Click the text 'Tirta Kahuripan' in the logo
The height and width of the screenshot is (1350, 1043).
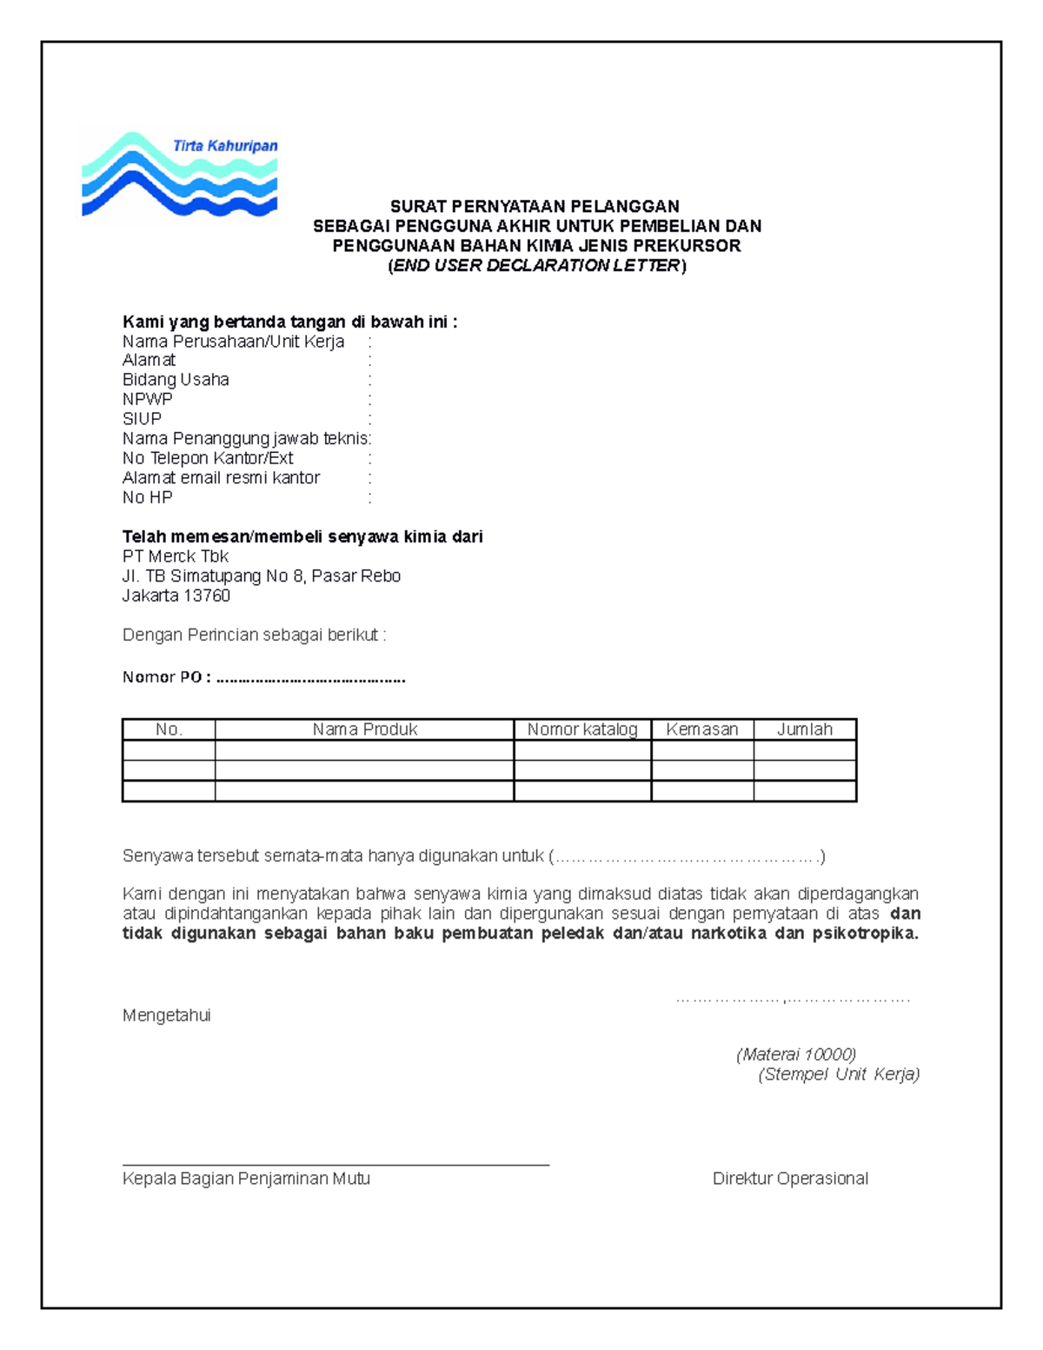225,146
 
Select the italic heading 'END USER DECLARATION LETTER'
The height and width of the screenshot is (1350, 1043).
536,266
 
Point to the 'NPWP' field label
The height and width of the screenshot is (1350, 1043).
148,399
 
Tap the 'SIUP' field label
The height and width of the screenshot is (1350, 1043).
143,419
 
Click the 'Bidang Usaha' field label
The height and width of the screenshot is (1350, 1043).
176,380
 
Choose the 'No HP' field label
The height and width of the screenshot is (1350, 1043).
148,497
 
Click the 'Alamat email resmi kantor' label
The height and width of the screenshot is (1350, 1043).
221,478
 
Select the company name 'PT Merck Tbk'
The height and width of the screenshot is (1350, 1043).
176,556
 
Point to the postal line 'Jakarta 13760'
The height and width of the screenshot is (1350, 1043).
176,595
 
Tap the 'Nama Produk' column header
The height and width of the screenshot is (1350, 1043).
365,729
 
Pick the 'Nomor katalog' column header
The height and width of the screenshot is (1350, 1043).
582,729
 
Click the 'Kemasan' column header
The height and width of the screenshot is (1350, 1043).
702,729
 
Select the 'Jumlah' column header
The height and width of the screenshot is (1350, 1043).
805,729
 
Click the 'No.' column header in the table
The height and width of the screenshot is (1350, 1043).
169,729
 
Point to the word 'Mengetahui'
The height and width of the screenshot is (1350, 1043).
167,1015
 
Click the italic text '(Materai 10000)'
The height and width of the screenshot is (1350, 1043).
796,1054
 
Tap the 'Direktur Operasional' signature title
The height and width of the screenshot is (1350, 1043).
790,1179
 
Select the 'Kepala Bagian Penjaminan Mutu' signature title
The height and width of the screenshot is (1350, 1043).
246,1179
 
